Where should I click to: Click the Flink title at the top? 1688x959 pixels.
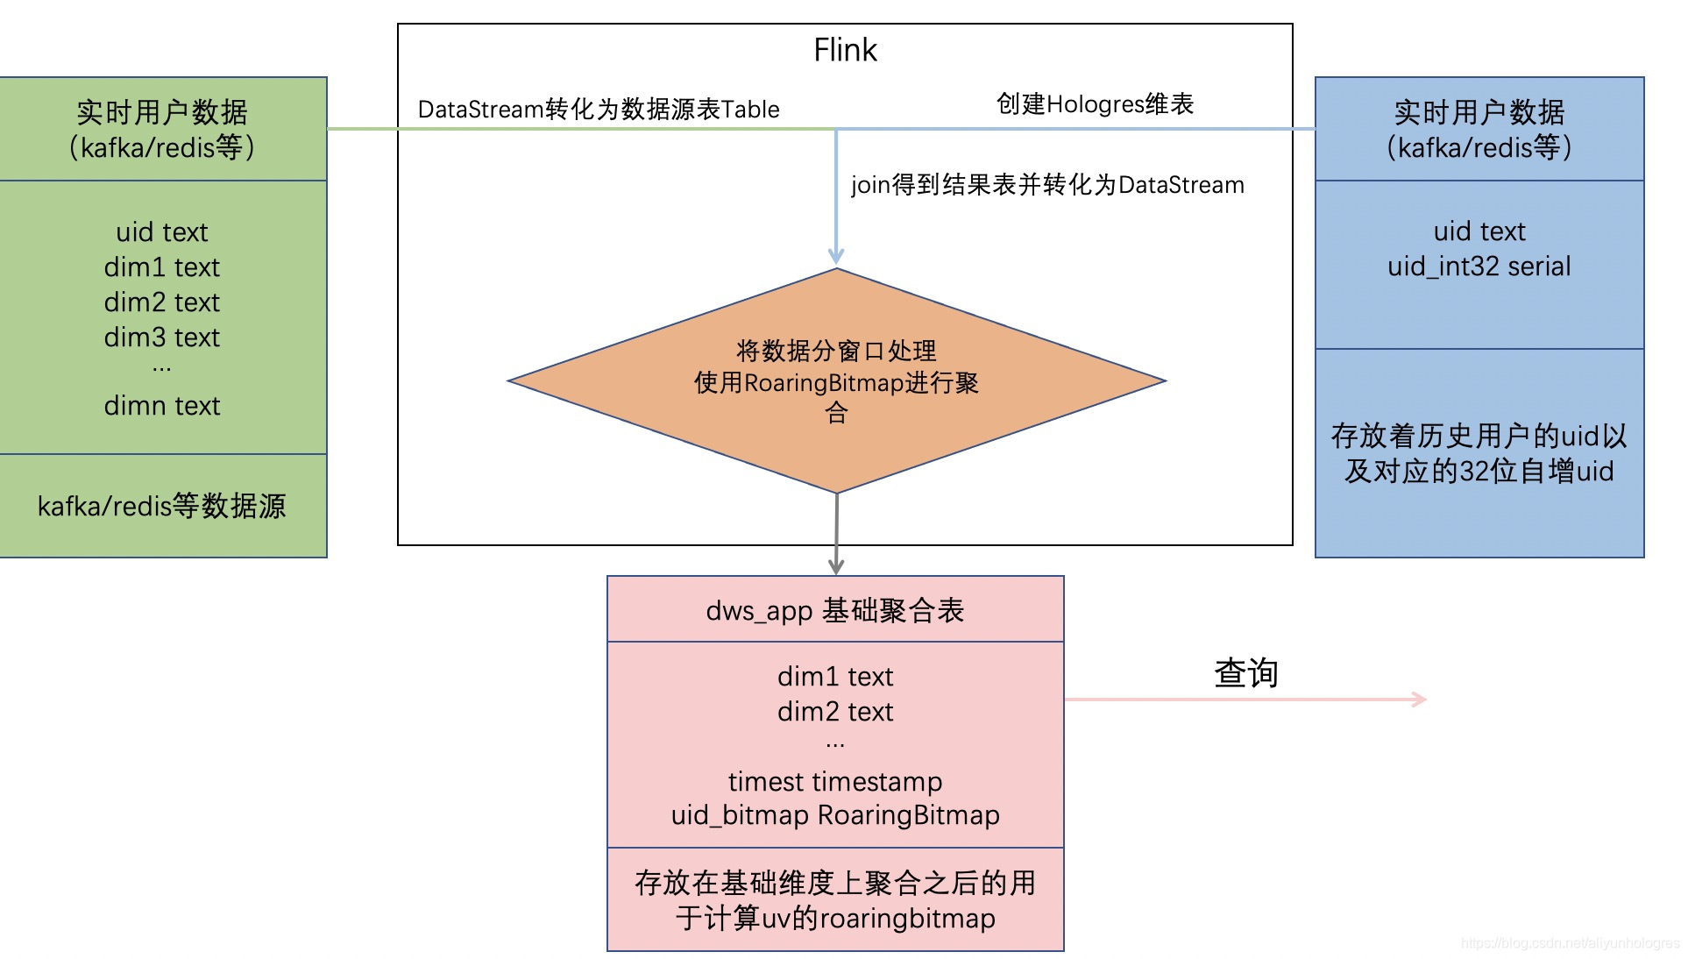click(x=845, y=50)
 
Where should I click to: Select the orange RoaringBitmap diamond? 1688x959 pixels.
click(x=836, y=382)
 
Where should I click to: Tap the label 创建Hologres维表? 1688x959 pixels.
click(x=1095, y=104)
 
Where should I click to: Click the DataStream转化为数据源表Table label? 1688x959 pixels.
click(x=599, y=110)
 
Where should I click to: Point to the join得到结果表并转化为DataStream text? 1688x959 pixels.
click(x=1047, y=185)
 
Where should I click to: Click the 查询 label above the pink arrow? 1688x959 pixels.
click(x=1245, y=673)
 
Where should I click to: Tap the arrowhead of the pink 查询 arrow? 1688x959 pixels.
click(x=1420, y=699)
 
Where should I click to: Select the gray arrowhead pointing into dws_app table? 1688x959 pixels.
click(x=836, y=566)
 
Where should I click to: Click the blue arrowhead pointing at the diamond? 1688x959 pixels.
click(x=836, y=255)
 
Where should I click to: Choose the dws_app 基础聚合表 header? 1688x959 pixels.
click(x=835, y=610)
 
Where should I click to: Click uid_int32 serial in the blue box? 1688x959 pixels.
click(x=1479, y=266)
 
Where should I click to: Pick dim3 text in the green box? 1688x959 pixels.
click(x=162, y=337)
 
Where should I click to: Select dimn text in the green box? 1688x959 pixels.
click(x=162, y=406)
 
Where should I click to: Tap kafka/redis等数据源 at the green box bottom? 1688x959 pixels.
click(x=162, y=506)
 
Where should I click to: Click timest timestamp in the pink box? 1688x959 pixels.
click(x=835, y=781)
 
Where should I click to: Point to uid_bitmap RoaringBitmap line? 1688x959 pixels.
click(x=835, y=815)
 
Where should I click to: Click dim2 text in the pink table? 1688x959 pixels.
click(x=835, y=712)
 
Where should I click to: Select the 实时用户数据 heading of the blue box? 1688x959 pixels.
click(x=1479, y=112)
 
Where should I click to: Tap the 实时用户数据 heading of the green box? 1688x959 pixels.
click(x=162, y=112)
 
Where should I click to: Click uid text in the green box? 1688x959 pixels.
click(x=162, y=232)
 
